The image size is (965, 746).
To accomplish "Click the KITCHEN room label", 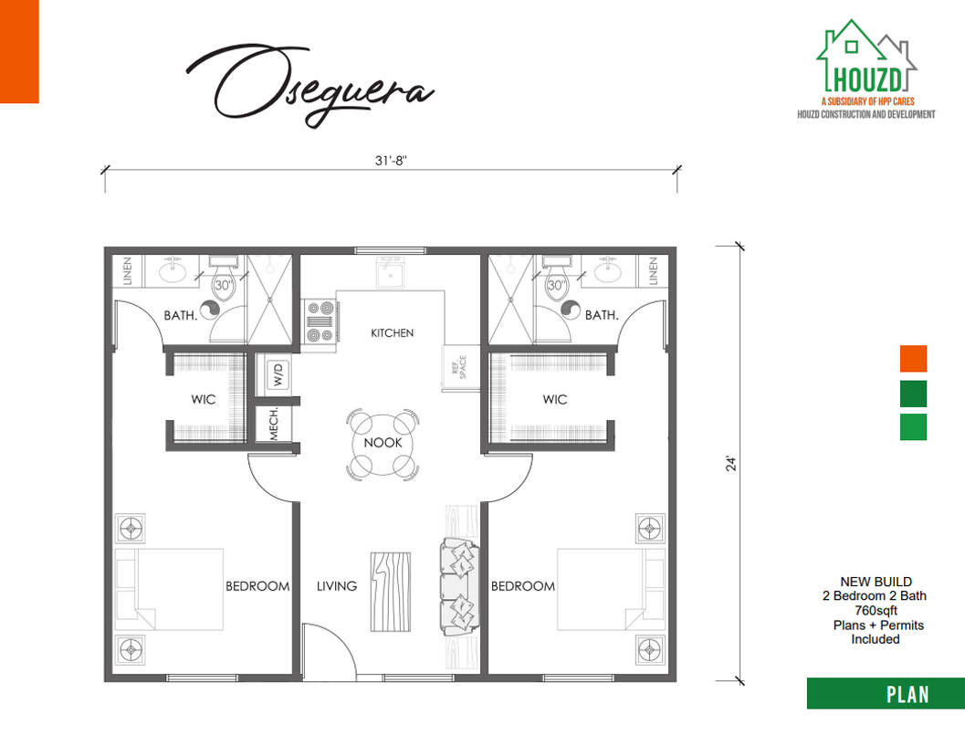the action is tap(392, 333).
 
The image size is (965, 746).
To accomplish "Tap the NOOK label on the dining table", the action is tap(383, 443).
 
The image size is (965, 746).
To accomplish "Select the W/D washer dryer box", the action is tap(278, 374).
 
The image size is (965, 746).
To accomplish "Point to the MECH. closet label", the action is tap(274, 424).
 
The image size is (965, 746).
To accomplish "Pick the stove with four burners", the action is tap(320, 320).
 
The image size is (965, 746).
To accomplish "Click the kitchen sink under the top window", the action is tap(390, 273).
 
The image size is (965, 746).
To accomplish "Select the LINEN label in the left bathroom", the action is tap(128, 271).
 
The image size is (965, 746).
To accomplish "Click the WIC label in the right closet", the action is tap(554, 399).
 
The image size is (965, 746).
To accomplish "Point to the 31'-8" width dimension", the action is tap(392, 161).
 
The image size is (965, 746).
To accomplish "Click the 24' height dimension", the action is tap(731, 464).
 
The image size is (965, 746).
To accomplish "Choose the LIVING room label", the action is tap(337, 586).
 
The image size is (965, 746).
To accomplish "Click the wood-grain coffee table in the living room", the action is tap(391, 592).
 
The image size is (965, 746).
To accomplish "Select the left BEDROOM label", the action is tap(257, 586).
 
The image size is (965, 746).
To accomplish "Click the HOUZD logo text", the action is tap(867, 79).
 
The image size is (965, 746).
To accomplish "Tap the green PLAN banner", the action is tap(886, 694).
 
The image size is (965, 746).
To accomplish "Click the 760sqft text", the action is tap(876, 611).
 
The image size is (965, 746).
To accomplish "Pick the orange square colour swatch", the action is tap(913, 358).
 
